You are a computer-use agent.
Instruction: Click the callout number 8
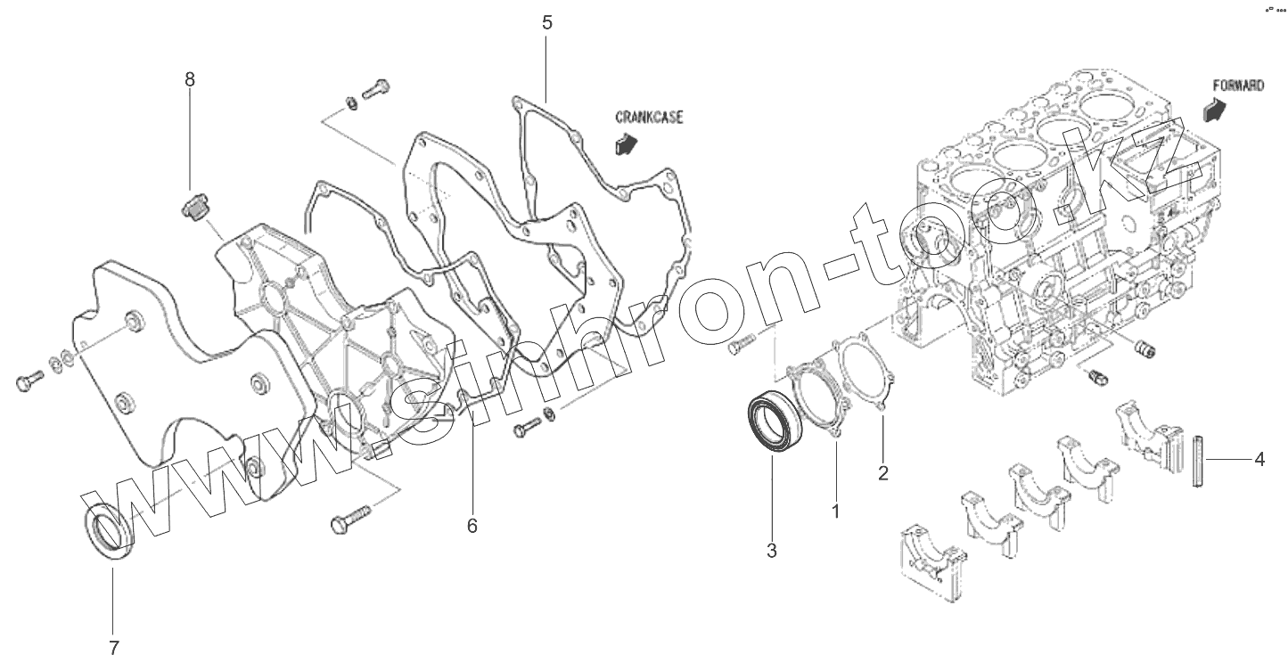pos(189,79)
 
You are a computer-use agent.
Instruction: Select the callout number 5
pos(546,22)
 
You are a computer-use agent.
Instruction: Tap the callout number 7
pos(113,648)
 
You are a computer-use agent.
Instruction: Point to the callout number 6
pos(472,526)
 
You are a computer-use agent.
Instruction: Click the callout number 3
pos(772,551)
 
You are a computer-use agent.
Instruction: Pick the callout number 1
pos(835,512)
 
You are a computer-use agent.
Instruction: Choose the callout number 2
pos(882,473)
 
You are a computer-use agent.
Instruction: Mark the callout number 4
pos(1259,460)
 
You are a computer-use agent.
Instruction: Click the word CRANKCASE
pos(649,117)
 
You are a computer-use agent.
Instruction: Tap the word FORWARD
pos(1238,86)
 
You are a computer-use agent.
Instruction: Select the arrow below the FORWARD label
pos(1214,109)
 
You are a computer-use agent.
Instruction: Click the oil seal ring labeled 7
pos(108,532)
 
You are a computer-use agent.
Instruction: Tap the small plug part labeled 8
pos(195,209)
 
